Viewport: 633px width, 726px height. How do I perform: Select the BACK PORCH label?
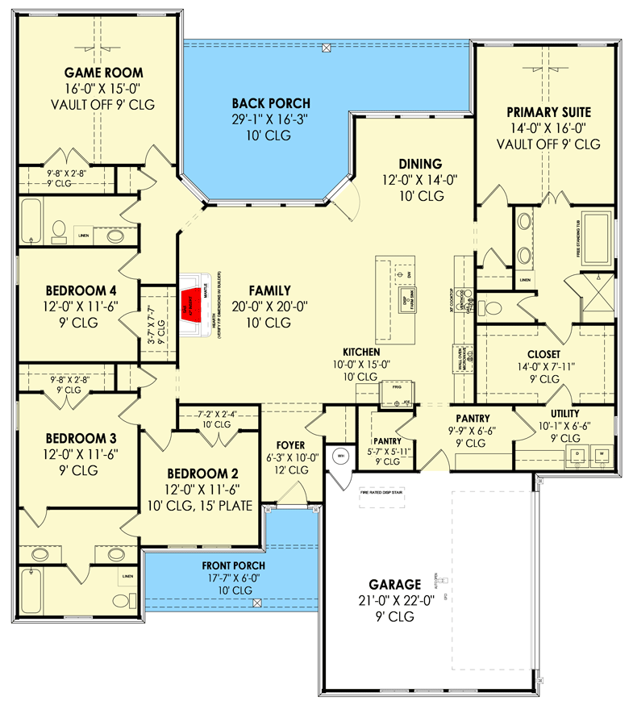[271, 103]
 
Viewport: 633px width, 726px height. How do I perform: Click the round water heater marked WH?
[339, 457]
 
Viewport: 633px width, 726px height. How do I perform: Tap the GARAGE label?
[395, 584]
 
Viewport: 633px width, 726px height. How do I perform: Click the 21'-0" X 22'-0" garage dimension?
[395, 601]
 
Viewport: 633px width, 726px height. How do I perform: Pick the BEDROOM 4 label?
[76, 290]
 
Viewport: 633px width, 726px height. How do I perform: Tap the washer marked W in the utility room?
[601, 455]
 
